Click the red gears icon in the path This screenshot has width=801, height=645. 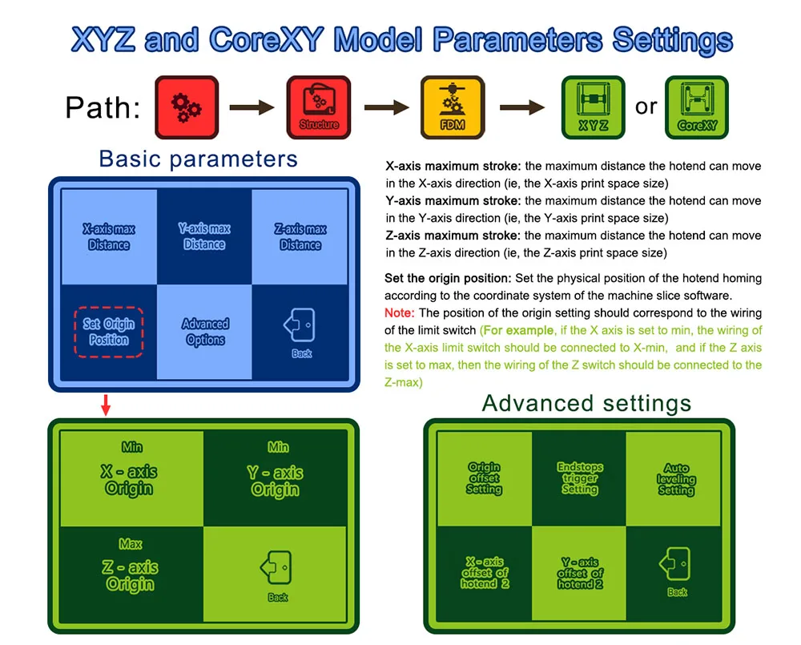point(187,107)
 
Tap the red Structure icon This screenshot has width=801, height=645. point(319,107)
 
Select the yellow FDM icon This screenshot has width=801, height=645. point(453,107)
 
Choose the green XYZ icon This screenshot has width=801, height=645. point(593,107)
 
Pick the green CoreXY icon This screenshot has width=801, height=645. point(697,107)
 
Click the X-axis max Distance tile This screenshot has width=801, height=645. point(109,237)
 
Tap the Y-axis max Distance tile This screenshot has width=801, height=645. point(204,237)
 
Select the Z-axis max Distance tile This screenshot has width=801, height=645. point(300,237)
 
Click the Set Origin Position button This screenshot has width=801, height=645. point(109,332)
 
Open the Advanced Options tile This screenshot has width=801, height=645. point(204,332)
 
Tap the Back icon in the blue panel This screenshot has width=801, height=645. point(300,332)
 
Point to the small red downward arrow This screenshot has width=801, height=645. point(106,406)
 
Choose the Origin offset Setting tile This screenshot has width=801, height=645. point(484,478)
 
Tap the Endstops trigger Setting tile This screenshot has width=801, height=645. point(579,478)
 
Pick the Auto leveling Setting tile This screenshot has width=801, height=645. point(676,478)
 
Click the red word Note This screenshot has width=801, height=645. point(399,312)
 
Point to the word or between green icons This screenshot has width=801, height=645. point(646,107)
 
